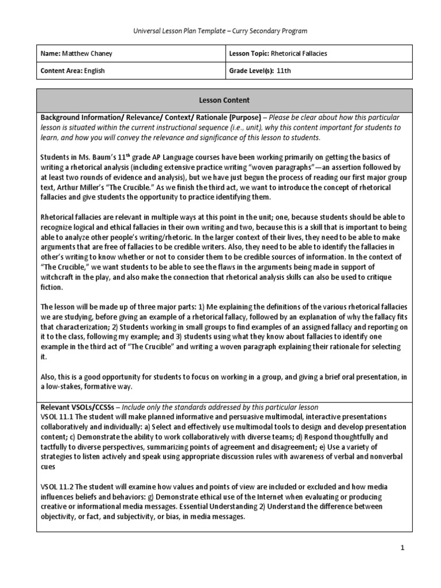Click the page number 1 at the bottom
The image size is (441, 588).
pyautogui.click(x=403, y=548)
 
